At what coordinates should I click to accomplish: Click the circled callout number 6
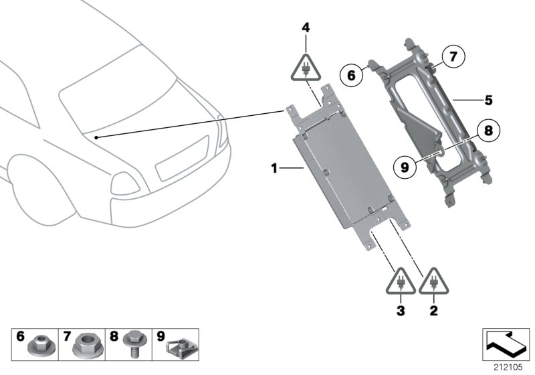[x=352, y=75]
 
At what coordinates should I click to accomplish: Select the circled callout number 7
[x=453, y=56]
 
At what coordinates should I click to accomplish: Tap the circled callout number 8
[x=488, y=130]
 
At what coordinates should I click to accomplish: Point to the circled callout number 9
[x=405, y=167]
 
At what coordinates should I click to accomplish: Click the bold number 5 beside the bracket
[x=489, y=100]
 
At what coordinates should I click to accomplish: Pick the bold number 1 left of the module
[x=274, y=168]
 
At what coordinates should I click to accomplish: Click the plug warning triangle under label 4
[x=306, y=68]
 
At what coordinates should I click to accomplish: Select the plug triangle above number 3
[x=401, y=281]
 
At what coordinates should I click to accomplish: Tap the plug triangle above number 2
[x=433, y=281]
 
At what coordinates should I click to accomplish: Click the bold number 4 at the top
[x=306, y=27]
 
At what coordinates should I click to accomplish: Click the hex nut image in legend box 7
[x=88, y=346]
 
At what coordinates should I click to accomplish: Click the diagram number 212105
[x=508, y=368]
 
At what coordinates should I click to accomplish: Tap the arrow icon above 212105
[x=506, y=344]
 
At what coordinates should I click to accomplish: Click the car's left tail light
[x=125, y=184]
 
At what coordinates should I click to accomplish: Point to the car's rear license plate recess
[x=183, y=158]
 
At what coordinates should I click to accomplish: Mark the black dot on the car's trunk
[x=96, y=138]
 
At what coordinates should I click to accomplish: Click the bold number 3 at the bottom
[x=401, y=311]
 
